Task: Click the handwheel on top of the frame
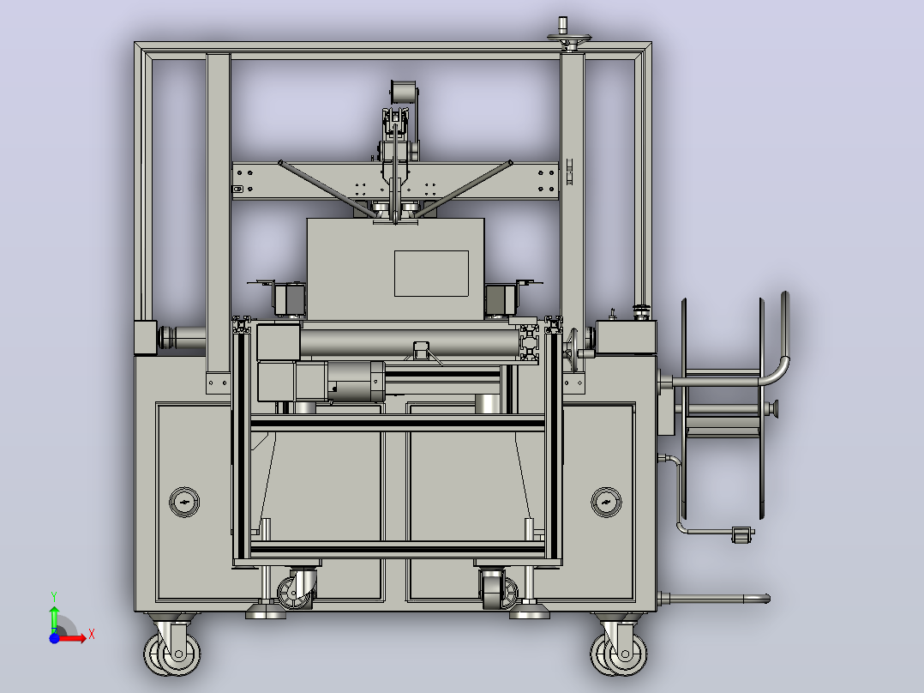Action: (x=568, y=39)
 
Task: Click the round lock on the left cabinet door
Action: (x=184, y=502)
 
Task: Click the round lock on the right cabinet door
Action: (x=606, y=502)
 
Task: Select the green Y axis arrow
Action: (x=54, y=617)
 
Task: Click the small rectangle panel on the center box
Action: (x=431, y=273)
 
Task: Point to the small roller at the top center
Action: (x=404, y=93)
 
